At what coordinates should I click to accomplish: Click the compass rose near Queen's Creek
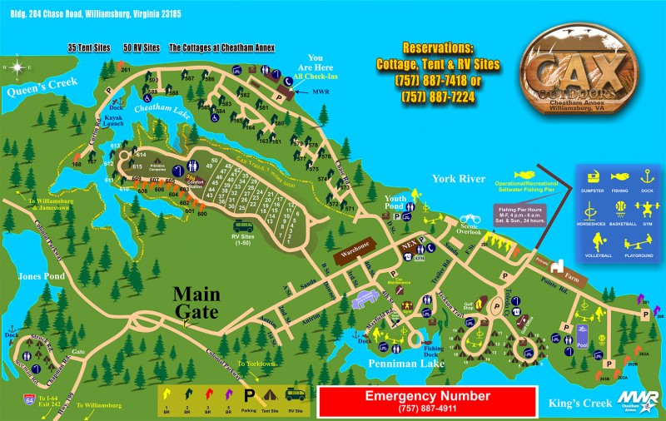15,65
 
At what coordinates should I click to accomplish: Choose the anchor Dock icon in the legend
644,176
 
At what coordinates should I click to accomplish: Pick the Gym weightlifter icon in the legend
644,207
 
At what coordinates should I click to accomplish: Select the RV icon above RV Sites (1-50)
244,228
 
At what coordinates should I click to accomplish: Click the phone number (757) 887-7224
439,97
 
